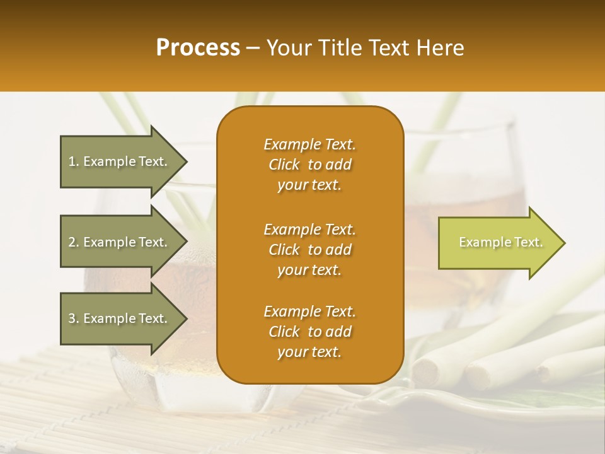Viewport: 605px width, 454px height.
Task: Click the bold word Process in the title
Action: pos(198,48)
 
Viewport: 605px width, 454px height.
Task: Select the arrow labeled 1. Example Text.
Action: pos(120,161)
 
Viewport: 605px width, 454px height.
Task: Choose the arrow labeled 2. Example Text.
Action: pos(120,242)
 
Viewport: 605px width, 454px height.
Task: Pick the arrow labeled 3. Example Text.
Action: pos(120,318)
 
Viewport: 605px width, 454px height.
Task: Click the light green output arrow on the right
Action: pos(498,243)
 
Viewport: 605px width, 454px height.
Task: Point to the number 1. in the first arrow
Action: pos(74,161)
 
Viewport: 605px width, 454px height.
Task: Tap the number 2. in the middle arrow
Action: pos(74,242)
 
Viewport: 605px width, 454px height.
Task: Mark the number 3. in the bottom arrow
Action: pos(74,318)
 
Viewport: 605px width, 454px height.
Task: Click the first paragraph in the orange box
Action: pos(309,165)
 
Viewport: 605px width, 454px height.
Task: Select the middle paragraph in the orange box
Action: pos(309,250)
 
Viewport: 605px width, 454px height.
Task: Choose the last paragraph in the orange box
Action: pos(309,332)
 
